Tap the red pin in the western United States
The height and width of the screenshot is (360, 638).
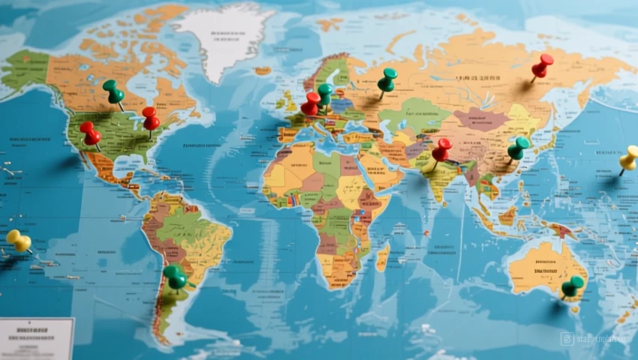90,133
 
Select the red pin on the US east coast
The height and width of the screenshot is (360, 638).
151,118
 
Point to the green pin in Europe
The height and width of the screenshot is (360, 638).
325,93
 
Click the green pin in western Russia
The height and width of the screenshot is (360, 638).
387,79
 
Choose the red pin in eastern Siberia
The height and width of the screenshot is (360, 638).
542,64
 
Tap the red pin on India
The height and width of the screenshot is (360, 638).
441,149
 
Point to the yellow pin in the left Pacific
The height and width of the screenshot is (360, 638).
19,241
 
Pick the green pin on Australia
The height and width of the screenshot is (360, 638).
572,286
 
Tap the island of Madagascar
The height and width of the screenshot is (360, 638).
383,256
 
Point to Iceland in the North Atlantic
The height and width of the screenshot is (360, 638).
262,71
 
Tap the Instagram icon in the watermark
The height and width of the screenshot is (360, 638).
567,339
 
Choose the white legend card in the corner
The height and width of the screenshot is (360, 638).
36,339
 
